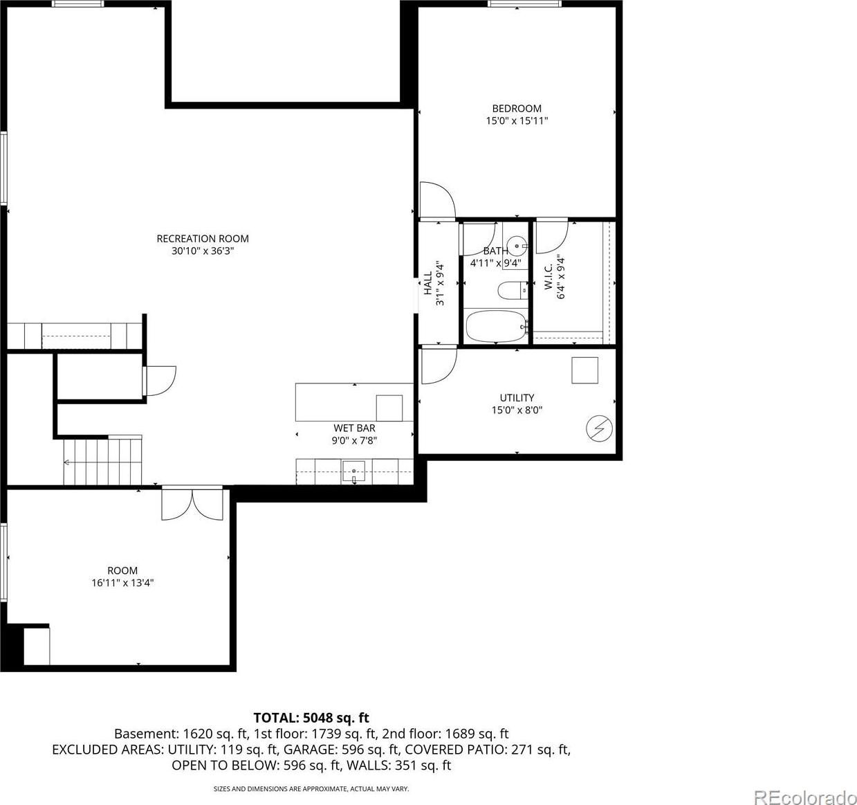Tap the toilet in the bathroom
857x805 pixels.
click(513, 290)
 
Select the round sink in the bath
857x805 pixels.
click(515, 246)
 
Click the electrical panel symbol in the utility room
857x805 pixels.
click(600, 429)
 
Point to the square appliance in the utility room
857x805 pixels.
click(584, 370)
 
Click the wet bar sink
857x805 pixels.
click(354, 471)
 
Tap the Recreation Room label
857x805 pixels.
click(203, 238)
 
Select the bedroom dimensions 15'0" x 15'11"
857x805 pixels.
click(517, 120)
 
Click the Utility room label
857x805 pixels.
click(517, 397)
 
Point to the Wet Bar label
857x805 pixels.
click(354, 428)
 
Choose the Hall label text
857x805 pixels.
click(427, 283)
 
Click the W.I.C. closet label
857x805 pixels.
click(548, 277)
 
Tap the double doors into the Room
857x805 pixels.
click(192, 503)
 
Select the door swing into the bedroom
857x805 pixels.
click(437, 201)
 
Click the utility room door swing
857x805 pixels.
click(439, 365)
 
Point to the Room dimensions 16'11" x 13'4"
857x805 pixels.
click(122, 583)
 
